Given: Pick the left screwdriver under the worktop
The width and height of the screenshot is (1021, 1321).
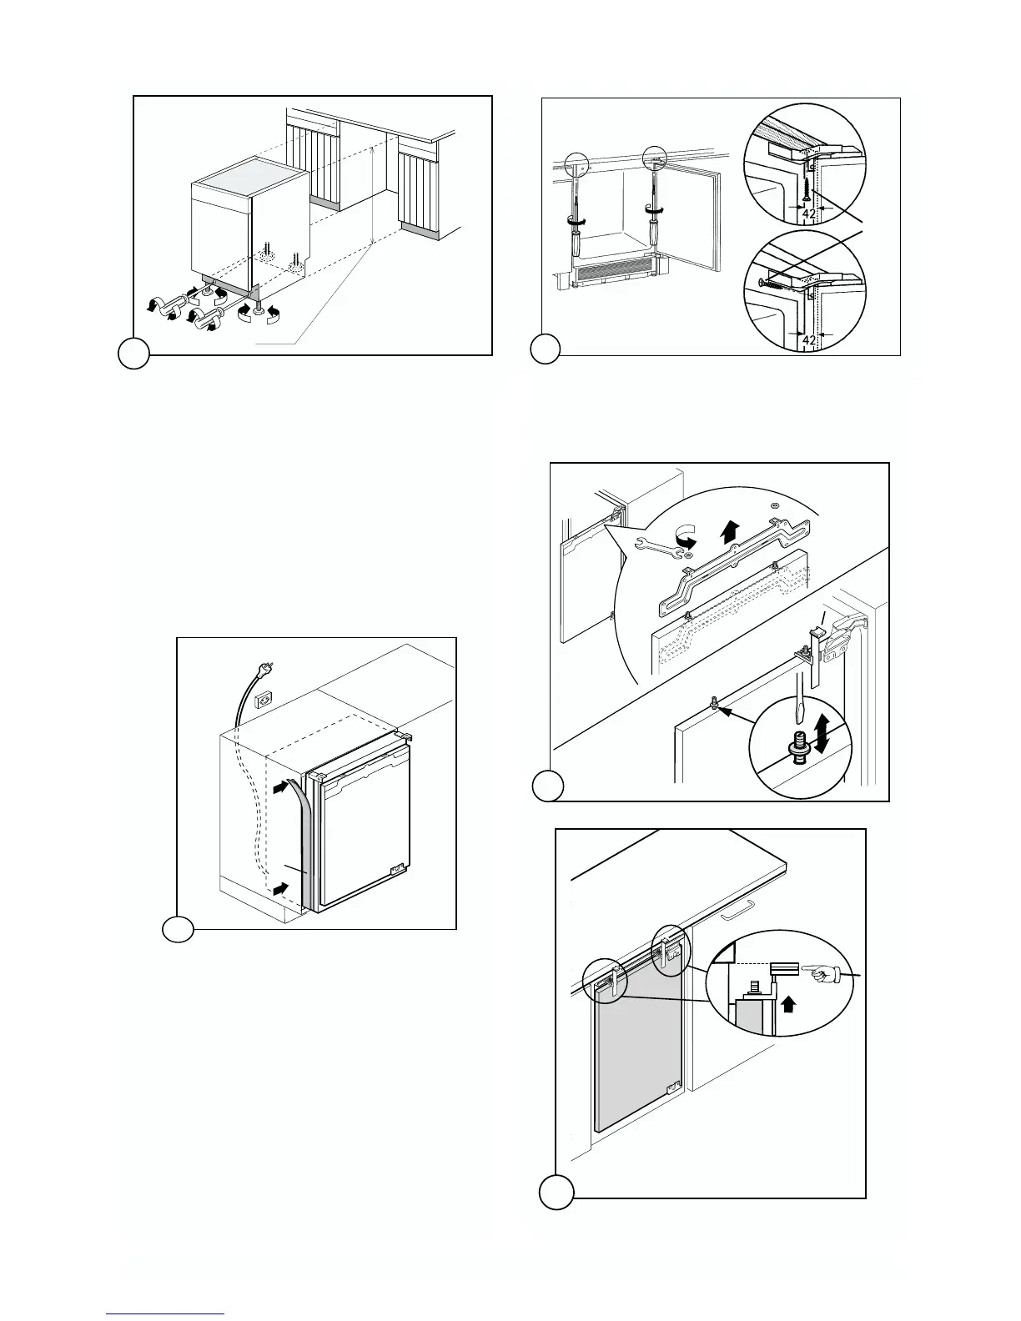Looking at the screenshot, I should [x=575, y=217].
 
